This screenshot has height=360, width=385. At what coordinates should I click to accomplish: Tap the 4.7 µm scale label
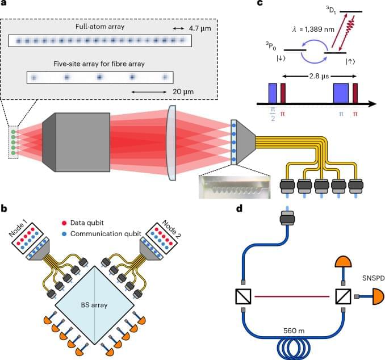pyautogui.click(x=179, y=27)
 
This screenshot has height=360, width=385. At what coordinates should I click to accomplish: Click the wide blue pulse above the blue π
pyautogui.click(x=341, y=92)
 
